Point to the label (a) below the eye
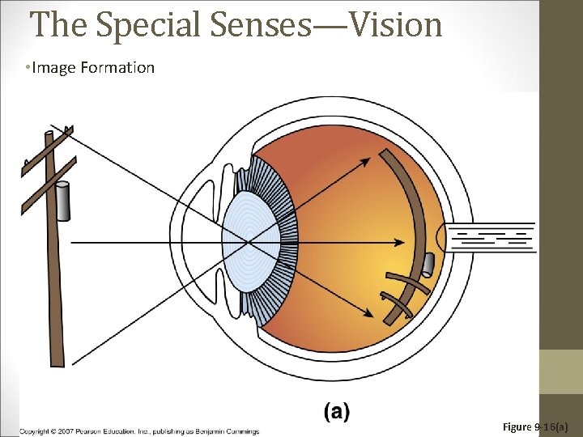(337, 412)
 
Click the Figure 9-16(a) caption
(535, 426)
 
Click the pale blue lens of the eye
(252, 240)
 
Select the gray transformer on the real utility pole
(62, 202)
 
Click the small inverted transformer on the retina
(428, 264)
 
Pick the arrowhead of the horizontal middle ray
(400, 241)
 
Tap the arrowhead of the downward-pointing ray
(377, 315)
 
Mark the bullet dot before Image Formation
(27, 67)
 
